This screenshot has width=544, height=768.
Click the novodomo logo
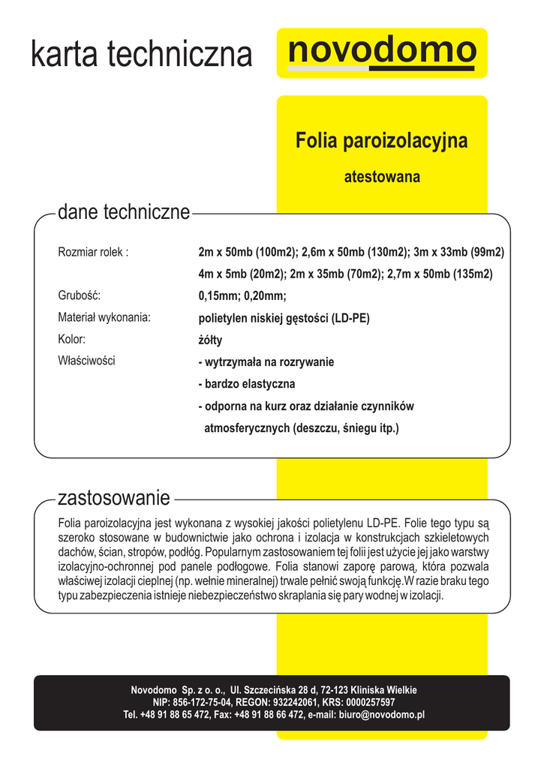pyautogui.click(x=382, y=52)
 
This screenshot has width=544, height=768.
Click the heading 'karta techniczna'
pyautogui.click(x=141, y=54)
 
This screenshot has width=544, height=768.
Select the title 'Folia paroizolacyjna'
pyautogui.click(x=381, y=140)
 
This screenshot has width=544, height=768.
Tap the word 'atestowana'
pyautogui.click(x=381, y=178)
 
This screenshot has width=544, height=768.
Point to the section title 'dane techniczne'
pyautogui.click(x=124, y=212)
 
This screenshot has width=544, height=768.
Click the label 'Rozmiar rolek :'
pyautogui.click(x=93, y=252)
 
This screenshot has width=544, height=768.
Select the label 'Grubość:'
pyautogui.click(x=79, y=295)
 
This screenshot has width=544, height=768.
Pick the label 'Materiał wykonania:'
pyautogui.click(x=104, y=317)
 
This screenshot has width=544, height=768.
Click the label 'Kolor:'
pyautogui.click(x=72, y=339)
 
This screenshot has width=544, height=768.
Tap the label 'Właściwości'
pyautogui.click(x=86, y=361)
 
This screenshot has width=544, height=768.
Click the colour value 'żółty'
pyautogui.click(x=210, y=340)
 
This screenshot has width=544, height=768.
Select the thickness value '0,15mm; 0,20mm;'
pyautogui.click(x=242, y=295)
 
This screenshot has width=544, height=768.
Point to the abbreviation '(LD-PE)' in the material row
pyautogui.click(x=350, y=318)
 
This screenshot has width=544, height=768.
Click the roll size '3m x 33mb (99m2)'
pyautogui.click(x=458, y=252)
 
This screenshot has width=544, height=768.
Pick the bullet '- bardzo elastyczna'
pyautogui.click(x=247, y=384)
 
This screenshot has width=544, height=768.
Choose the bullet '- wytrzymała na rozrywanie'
pyautogui.click(x=266, y=362)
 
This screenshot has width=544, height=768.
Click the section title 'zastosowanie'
pyautogui.click(x=114, y=498)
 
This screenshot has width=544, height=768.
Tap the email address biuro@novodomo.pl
pyautogui.click(x=381, y=715)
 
